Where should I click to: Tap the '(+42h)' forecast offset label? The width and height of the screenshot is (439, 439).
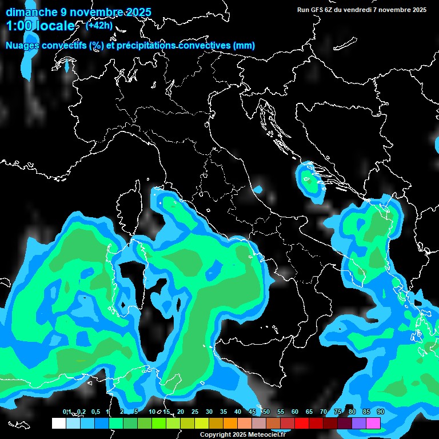coord(99,25)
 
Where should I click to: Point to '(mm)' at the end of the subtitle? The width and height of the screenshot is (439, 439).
coord(243,46)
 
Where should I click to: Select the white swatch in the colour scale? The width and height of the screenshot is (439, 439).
coord(58,423)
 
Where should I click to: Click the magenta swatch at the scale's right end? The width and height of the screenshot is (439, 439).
coord(373,423)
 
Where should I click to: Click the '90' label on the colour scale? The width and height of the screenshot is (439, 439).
coord(380,412)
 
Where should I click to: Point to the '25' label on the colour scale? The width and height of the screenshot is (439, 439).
coord(195,412)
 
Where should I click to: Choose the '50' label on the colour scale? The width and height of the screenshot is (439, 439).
coord(266,412)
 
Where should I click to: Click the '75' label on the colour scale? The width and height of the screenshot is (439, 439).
coord(338,412)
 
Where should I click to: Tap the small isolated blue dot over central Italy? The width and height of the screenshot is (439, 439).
coord(258,189)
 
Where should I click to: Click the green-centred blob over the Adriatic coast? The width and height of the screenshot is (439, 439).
coord(309,182)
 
